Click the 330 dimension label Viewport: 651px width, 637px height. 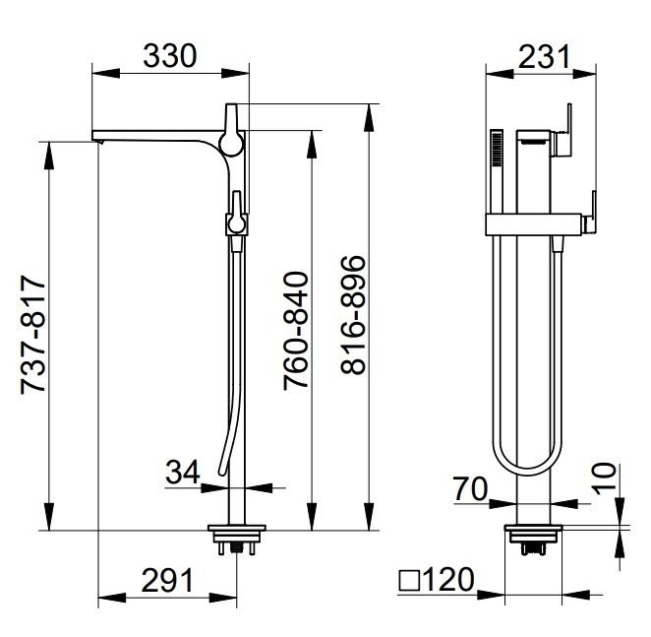[170, 56]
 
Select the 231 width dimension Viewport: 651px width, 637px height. [544, 56]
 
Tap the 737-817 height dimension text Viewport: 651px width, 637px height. [33, 333]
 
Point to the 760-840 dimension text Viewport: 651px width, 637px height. [296, 331]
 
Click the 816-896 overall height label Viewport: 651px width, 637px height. [353, 315]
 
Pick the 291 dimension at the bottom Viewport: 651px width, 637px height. [168, 581]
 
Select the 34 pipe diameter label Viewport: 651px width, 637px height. [183, 473]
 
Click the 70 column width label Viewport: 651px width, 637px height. [470, 489]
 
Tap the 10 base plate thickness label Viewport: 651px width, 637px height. [604, 478]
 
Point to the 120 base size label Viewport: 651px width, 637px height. [448, 579]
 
